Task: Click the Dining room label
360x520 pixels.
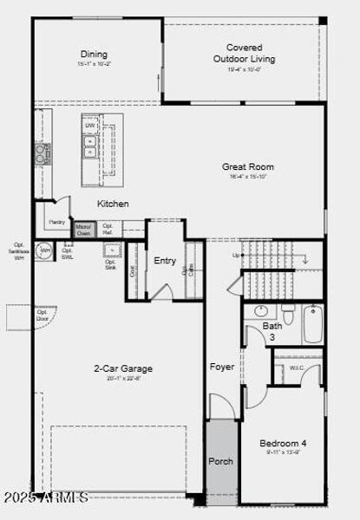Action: [x=95, y=54]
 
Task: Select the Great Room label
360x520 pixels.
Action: [x=247, y=166]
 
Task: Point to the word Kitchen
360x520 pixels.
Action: [x=113, y=204]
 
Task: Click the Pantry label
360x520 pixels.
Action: [x=57, y=222]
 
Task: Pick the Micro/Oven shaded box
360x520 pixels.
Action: [x=83, y=230]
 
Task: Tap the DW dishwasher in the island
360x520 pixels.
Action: [x=89, y=126]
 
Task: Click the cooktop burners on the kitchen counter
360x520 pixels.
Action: [x=42, y=153]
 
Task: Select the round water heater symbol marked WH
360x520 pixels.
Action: [x=44, y=251]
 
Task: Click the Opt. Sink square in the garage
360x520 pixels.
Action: [x=111, y=250]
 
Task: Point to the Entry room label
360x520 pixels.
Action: [x=165, y=260]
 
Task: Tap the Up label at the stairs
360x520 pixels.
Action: [x=235, y=256]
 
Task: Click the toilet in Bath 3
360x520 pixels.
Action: [x=288, y=313]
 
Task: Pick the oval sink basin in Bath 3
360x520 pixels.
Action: [x=260, y=311]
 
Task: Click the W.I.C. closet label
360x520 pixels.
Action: [x=297, y=367]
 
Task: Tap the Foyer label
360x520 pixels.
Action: [x=222, y=367]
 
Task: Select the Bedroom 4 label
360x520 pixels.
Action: [x=283, y=443]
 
